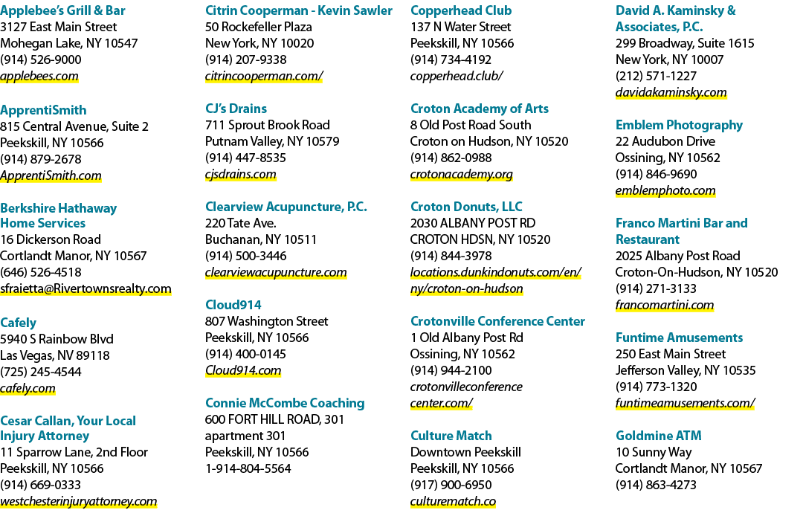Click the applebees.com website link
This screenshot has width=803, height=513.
tap(39, 77)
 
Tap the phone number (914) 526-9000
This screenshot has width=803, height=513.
tap(40, 60)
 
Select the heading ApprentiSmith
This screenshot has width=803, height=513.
tap(43, 110)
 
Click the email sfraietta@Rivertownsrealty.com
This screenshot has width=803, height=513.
tap(86, 288)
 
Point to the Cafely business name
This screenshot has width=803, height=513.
tap(18, 323)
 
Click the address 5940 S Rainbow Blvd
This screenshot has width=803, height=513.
tap(57, 339)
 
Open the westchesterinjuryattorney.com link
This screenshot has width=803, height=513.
tap(78, 501)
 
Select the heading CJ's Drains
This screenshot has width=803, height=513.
tap(236, 109)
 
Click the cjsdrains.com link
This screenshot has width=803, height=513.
tap(241, 175)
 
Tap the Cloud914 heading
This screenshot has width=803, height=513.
tap(233, 305)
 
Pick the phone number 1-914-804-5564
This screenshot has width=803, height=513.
tap(248, 468)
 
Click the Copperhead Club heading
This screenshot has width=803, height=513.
tap(461, 10)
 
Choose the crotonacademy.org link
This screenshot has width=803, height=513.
tap(462, 175)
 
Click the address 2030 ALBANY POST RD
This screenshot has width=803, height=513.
tap(473, 223)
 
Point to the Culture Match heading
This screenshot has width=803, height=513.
tap(451, 436)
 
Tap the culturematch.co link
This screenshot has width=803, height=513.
tap(454, 501)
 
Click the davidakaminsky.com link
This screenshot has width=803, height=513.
tap(671, 93)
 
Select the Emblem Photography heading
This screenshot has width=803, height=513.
tap(679, 125)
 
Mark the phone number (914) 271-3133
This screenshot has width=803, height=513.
tap(656, 288)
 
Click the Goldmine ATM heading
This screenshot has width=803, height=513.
tap(659, 436)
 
